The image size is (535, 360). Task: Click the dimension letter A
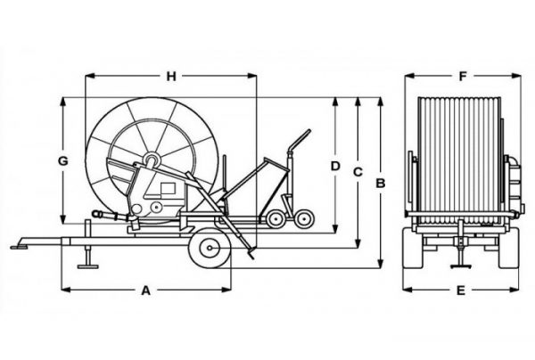145,290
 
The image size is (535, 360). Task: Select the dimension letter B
381,184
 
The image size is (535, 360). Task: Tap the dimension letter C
358,172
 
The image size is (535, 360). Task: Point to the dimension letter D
336,166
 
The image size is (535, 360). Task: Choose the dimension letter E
461,290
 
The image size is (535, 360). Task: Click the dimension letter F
462,77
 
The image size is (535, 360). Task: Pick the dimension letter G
62,161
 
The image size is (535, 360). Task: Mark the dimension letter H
171,77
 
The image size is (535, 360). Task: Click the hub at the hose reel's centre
152,160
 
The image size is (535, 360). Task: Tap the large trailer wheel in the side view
210,248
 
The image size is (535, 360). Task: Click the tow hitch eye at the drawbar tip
16,247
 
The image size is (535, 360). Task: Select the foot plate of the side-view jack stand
88,266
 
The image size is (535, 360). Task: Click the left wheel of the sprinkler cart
276,219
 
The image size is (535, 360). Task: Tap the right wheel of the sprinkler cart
304,219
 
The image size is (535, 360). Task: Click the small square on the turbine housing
169,188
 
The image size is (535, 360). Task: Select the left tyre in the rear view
414,248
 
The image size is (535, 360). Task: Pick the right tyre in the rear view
509,248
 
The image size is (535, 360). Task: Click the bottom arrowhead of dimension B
381,264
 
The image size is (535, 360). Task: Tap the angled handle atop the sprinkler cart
299,141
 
